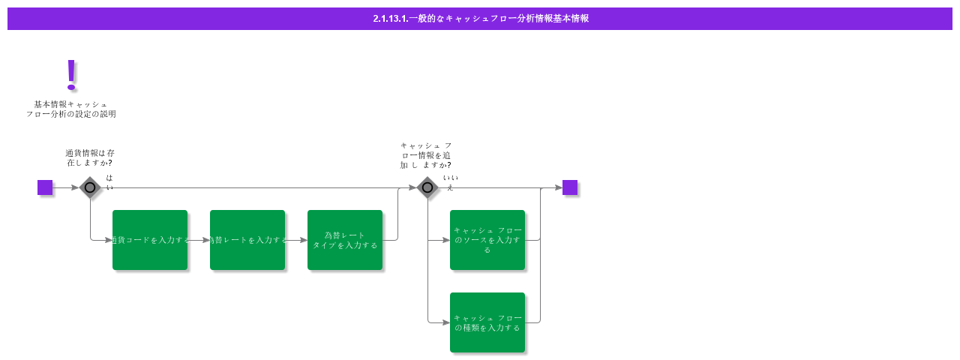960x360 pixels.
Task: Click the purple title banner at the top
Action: tap(480, 19)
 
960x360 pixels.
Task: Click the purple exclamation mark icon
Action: tap(71, 74)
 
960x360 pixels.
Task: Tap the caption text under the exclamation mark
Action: tap(71, 109)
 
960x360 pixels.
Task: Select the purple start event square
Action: tap(45, 187)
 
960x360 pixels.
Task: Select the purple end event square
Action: tap(570, 187)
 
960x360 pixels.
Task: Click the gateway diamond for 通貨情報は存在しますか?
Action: tap(90, 187)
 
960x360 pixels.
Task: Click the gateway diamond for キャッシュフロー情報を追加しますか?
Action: tap(427, 187)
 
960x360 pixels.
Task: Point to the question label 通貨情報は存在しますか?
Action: tap(90, 157)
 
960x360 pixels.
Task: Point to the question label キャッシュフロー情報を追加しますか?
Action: tap(426, 155)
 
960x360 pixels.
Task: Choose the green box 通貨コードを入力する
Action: tap(150, 240)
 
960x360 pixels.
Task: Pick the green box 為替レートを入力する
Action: tap(247, 240)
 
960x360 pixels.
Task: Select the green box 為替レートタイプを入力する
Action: tap(345, 240)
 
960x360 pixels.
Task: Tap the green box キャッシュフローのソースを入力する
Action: tap(487, 240)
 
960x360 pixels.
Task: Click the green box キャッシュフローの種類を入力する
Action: tap(487, 322)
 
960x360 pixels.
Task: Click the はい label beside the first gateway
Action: tap(109, 182)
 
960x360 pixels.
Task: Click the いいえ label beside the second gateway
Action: tap(450, 182)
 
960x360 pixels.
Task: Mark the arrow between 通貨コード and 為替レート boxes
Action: tap(199, 240)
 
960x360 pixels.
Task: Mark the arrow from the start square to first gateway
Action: tap(66, 187)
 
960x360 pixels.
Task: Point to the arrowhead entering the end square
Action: tap(558, 187)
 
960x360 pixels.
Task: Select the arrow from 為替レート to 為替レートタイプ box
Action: tap(296, 240)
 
